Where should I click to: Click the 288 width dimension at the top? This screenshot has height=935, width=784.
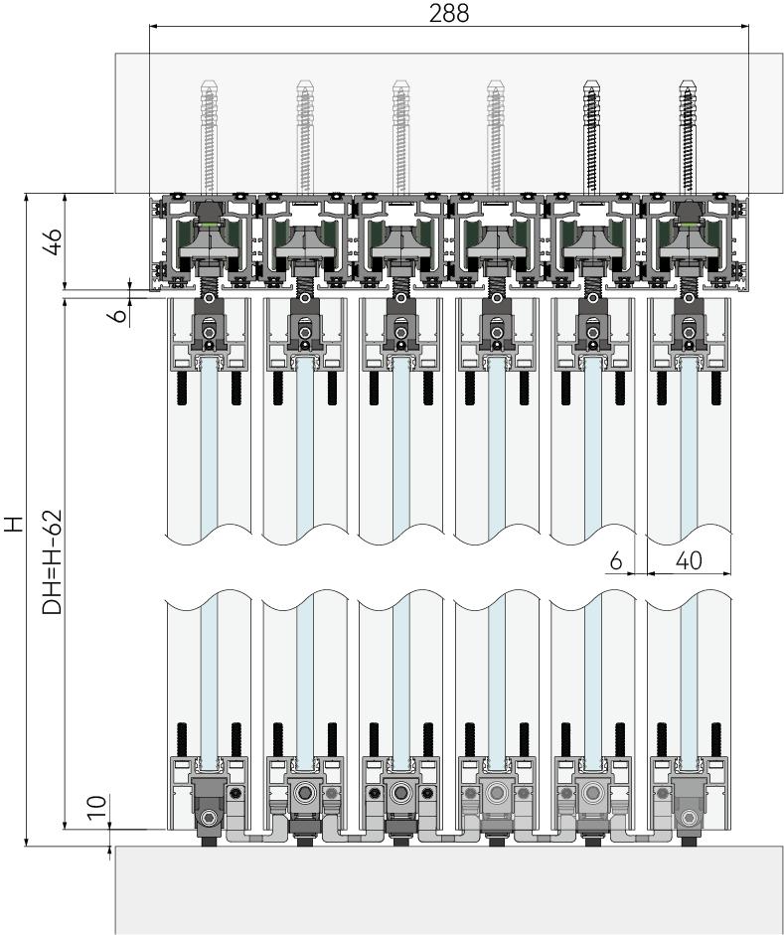(448, 13)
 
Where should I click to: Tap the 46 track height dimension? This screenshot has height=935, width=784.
(57, 241)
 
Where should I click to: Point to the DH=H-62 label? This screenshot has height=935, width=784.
(54, 562)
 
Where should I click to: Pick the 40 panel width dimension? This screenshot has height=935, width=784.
(688, 560)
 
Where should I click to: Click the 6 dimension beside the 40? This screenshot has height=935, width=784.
(616, 560)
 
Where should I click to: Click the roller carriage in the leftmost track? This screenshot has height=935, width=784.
(209, 238)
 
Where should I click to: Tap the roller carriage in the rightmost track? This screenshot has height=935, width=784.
(689, 238)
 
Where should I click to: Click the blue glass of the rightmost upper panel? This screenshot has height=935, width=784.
(689, 447)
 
